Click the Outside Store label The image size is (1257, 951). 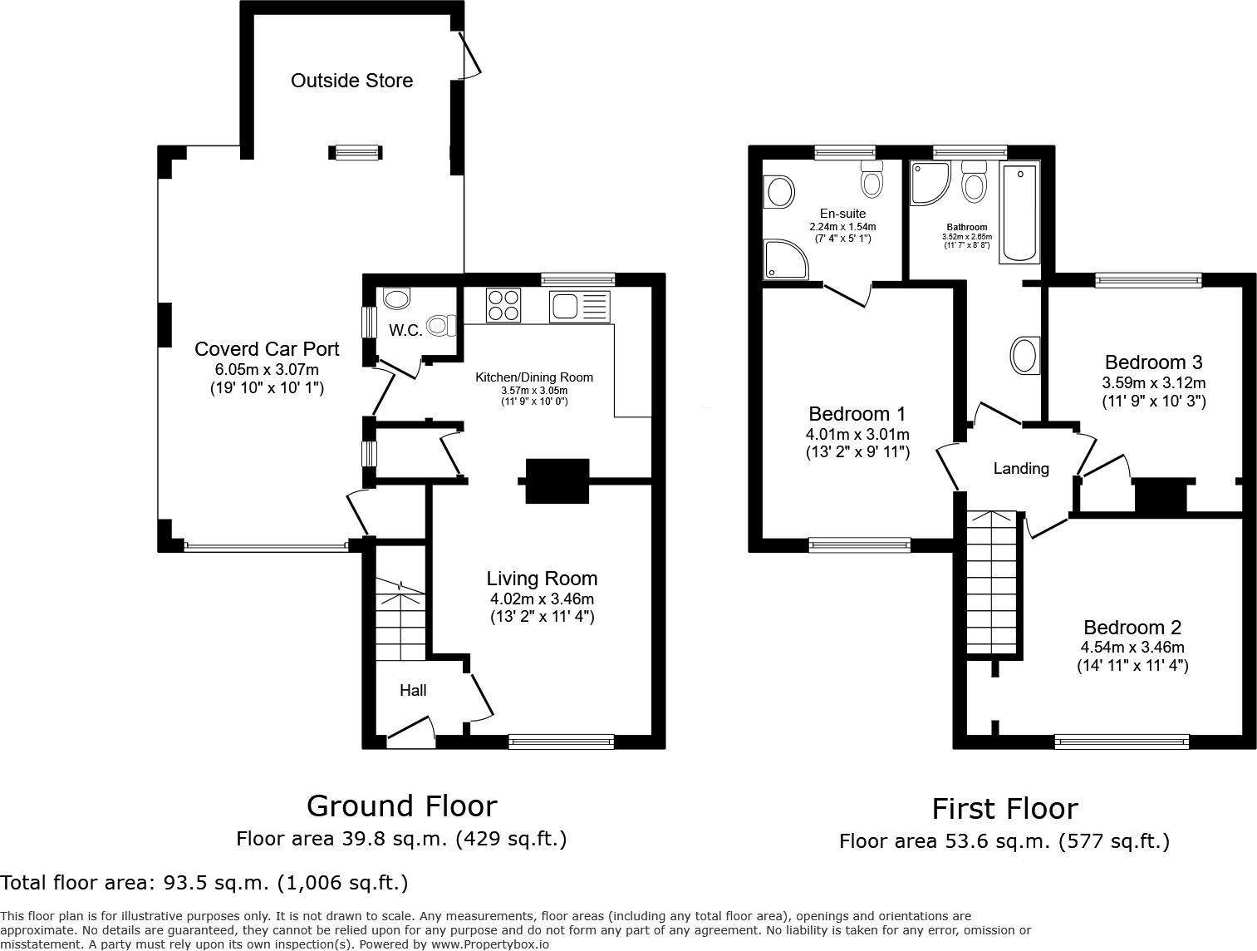pyautogui.click(x=351, y=81)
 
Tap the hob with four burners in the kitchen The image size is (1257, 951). pyautogui.click(x=503, y=305)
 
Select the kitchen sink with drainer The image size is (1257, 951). pyautogui.click(x=579, y=307)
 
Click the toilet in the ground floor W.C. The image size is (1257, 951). pyautogui.click(x=441, y=324)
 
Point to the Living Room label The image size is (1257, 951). pyautogui.click(x=542, y=579)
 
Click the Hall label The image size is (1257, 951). pyautogui.click(x=413, y=690)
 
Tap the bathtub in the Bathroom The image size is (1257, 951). pyautogui.click(x=1019, y=213)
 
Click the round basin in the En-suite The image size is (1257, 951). pyautogui.click(x=779, y=192)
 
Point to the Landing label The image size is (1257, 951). pyautogui.click(x=1021, y=469)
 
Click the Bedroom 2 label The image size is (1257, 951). pyautogui.click(x=1132, y=628)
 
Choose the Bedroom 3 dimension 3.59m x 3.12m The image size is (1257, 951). pyautogui.click(x=1153, y=383)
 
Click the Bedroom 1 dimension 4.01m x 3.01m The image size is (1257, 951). pyautogui.click(x=857, y=434)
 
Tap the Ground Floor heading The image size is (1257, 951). pyautogui.click(x=401, y=806)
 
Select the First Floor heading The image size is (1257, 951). pyautogui.click(x=1004, y=808)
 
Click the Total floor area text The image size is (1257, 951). pyautogui.click(x=204, y=882)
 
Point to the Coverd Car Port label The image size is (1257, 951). pyautogui.click(x=267, y=349)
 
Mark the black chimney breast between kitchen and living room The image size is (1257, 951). pyautogui.click(x=557, y=480)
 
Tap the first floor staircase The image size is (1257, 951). pyautogui.click(x=992, y=582)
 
